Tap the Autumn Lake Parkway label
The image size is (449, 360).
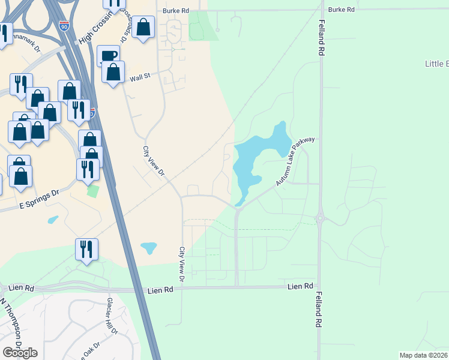(x=295, y=161)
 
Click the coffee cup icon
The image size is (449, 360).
(x=109, y=56)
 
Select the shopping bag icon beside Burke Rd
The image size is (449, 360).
(x=143, y=28)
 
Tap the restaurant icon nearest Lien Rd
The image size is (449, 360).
(x=86, y=248)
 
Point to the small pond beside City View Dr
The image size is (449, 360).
(x=148, y=247)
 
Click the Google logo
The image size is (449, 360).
(x=20, y=353)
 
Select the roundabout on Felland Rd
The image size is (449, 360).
(x=321, y=219)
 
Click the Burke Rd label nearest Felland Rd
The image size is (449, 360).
(x=342, y=10)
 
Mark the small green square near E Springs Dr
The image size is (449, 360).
(x=92, y=191)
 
